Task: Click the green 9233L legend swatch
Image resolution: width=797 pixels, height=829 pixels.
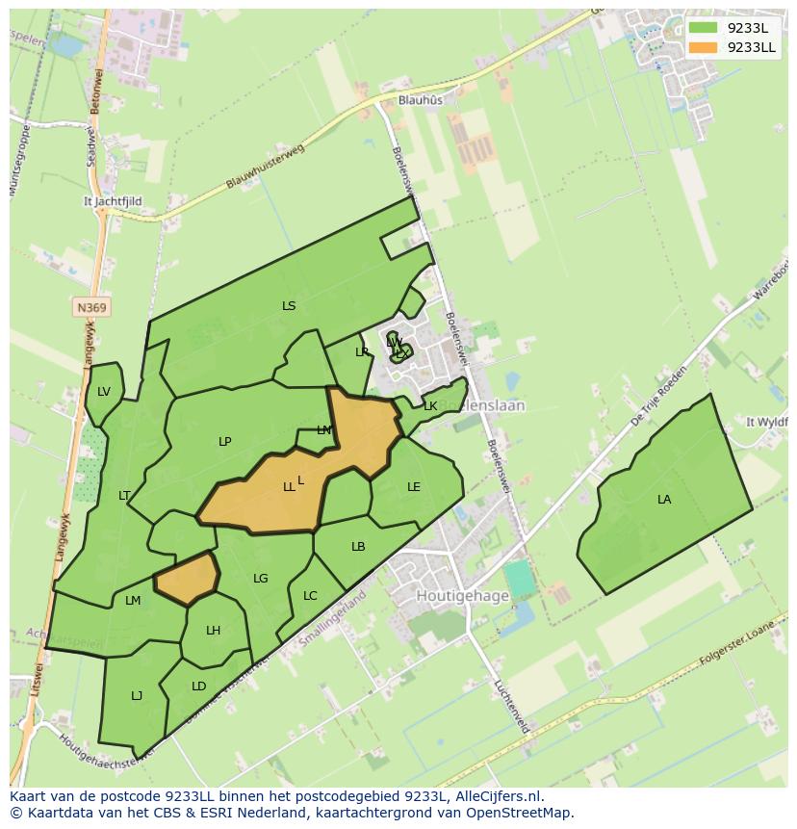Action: point(703,28)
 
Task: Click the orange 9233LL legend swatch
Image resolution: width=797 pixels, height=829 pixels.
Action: point(703,47)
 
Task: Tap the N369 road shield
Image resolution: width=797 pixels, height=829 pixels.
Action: point(92,307)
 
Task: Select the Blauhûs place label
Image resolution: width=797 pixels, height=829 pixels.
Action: point(421,99)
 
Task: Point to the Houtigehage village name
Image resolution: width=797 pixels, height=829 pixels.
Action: point(462,596)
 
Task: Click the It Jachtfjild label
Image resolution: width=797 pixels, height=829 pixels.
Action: point(113,201)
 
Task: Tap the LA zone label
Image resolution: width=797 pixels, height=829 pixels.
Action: point(664,499)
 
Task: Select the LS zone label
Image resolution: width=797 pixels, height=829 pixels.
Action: point(289,305)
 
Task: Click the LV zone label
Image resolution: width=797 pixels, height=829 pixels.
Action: point(104,391)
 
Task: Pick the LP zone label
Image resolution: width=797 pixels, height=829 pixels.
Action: point(224,442)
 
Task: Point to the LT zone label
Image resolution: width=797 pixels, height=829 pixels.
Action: point(124,496)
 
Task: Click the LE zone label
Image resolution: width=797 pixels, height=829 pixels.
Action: point(414,486)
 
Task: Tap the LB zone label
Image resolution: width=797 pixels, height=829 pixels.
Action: point(358,547)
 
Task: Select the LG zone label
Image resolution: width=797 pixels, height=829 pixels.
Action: point(261,578)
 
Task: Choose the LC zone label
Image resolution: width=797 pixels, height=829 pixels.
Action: point(310,596)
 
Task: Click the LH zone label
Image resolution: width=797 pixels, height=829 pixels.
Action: point(213,631)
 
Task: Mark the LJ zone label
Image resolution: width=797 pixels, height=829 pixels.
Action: point(137,695)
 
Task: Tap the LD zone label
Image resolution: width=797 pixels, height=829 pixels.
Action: point(198,687)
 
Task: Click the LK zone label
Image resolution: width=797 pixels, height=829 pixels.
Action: point(430,406)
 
